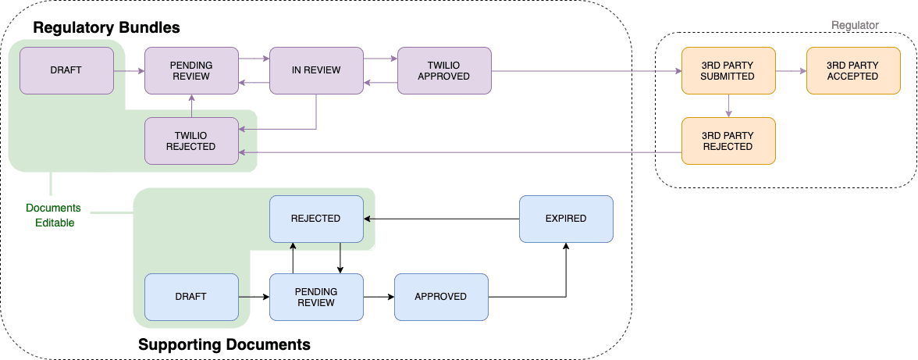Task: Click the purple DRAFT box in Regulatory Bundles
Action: [x=66, y=70]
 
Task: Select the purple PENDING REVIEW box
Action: [x=191, y=70]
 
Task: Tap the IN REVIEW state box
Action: [x=316, y=70]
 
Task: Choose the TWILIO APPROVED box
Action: [x=443, y=70]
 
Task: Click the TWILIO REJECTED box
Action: [x=191, y=141]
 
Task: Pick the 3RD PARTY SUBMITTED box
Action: [x=728, y=70]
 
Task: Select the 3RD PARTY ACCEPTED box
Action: [x=852, y=70]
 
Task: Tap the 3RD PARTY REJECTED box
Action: [x=728, y=141]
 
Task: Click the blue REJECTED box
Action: [x=316, y=219]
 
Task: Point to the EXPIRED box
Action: [x=566, y=219]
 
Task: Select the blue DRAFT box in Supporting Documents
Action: [x=191, y=297]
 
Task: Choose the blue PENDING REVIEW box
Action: [x=316, y=297]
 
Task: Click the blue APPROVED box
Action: [x=440, y=297]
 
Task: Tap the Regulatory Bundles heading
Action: [x=106, y=28]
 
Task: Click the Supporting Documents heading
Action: [x=224, y=344]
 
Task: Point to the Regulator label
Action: [x=855, y=25]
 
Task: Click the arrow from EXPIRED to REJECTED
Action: [x=441, y=219]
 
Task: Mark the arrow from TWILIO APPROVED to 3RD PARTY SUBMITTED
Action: [x=585, y=70]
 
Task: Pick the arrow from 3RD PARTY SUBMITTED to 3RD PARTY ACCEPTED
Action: [x=790, y=70]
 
